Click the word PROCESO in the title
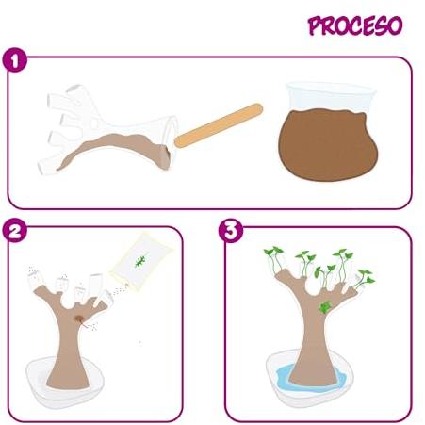click(355, 25)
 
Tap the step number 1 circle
click(15, 59)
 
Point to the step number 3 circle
click(231, 231)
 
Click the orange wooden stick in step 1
click(219, 125)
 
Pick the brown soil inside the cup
click(328, 144)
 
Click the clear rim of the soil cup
click(331, 90)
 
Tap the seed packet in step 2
click(140, 261)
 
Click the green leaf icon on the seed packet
click(140, 261)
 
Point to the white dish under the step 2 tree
click(64, 384)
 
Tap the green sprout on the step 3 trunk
click(325, 307)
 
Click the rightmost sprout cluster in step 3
click(365, 278)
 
